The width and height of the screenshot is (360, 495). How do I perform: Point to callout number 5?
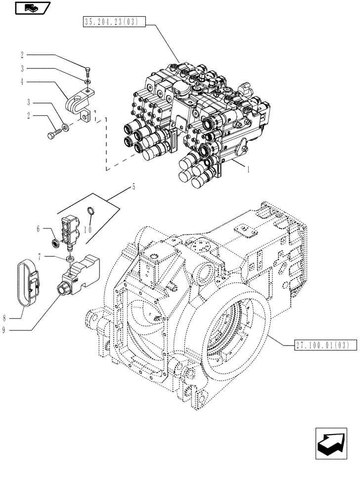[x=133, y=188]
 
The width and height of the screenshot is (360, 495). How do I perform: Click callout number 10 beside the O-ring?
[x=88, y=229]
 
